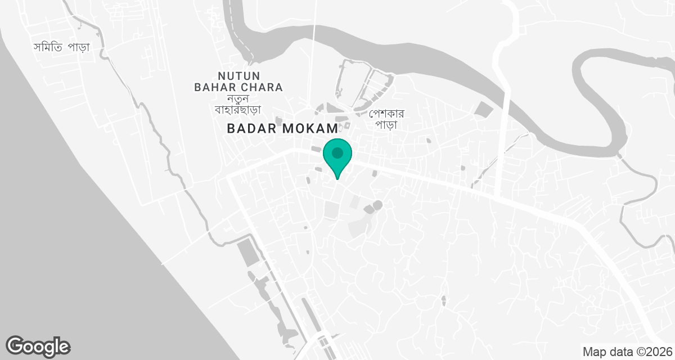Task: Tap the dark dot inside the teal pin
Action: tap(337, 152)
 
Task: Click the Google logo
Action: tap(38, 346)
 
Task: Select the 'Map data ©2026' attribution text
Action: tap(627, 352)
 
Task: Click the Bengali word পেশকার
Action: tap(387, 113)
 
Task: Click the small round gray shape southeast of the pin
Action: tap(377, 204)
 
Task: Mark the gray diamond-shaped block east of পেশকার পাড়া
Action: tap(481, 109)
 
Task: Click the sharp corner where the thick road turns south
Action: tap(229, 177)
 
